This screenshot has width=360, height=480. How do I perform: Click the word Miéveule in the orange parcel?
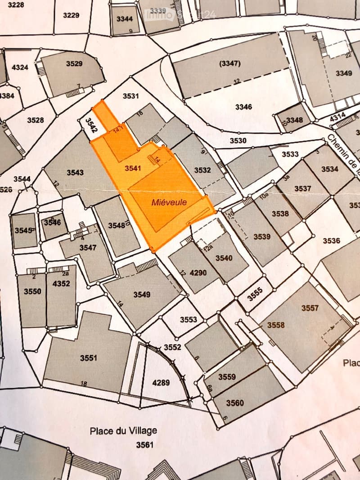coord(169,203)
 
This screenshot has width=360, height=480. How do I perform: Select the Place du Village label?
coord(123,431)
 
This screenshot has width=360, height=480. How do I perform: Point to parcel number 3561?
coord(145,445)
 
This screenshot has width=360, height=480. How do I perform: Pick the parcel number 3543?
coord(75,172)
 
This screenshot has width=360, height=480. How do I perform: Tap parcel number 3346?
coord(243,107)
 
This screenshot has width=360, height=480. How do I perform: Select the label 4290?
coord(198,273)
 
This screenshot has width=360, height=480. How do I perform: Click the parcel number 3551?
coord(88,358)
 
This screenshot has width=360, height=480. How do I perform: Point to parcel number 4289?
coord(161,383)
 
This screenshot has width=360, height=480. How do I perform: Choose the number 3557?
coord(310,308)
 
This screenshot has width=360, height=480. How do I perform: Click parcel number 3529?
coord(74,63)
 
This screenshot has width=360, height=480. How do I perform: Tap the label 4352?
coord(61,284)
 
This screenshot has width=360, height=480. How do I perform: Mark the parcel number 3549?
coord(142,294)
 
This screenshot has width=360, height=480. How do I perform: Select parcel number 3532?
coord(202,170)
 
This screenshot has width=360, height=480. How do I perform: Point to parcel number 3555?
coord(255,294)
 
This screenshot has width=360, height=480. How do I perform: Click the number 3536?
coord(331,241)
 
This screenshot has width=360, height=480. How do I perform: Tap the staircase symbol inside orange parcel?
coord(151,158)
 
